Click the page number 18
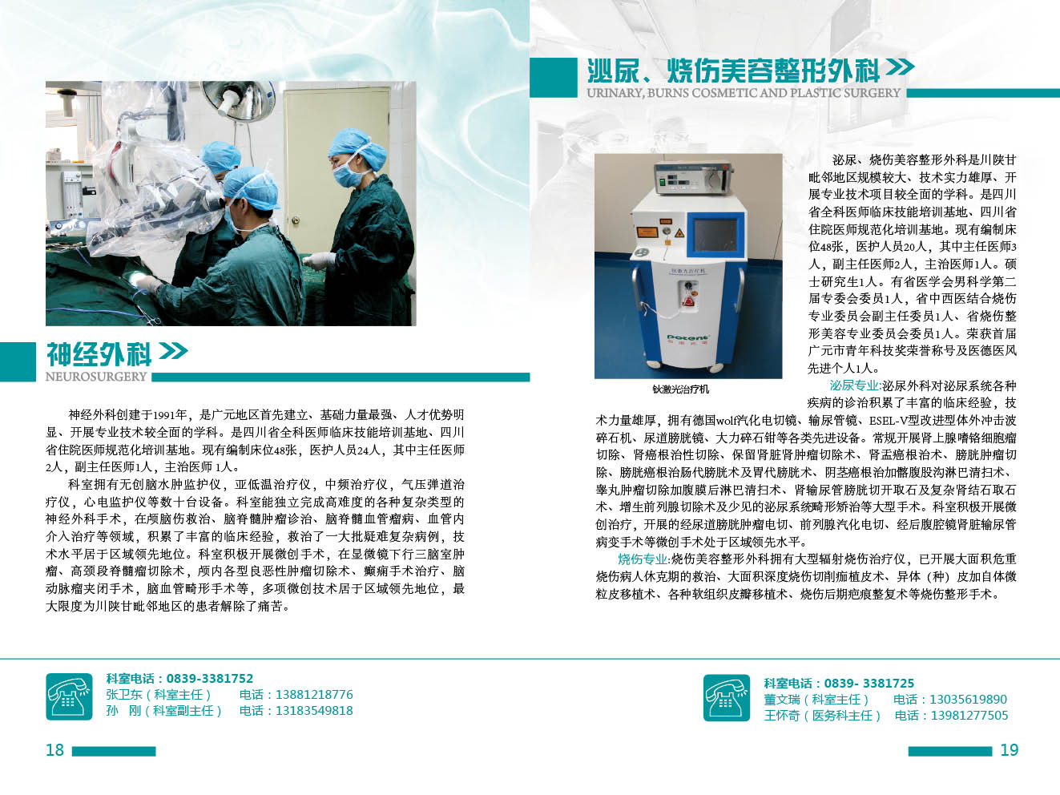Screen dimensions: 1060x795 [x=54, y=749]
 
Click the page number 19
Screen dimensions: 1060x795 [x=1010, y=749]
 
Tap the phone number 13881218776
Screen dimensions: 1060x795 [x=314, y=695]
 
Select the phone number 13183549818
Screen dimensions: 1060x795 [x=314, y=711]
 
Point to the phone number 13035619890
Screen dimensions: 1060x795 [x=968, y=699]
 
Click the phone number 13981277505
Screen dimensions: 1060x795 [x=969, y=715]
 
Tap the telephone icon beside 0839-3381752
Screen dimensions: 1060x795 [x=69, y=696]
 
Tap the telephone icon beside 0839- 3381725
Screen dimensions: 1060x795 [x=727, y=698]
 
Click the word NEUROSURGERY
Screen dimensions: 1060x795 [x=96, y=377]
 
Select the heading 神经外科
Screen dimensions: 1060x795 [x=99, y=354]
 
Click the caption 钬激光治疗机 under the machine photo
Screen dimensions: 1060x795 [x=680, y=389]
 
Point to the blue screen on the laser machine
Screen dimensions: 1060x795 [x=715, y=236]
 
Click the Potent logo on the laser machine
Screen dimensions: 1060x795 [x=687, y=337]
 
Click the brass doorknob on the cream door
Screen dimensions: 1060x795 [x=296, y=220]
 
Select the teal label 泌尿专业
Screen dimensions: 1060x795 [x=854, y=385]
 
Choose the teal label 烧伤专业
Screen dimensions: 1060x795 [x=643, y=559]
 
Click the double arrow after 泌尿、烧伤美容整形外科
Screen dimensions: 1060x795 [x=900, y=67]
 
